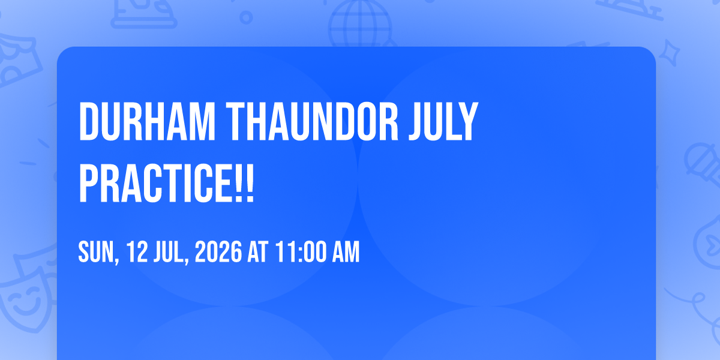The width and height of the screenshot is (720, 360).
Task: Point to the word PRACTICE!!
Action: [167, 184]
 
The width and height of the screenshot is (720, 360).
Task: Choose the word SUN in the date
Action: [98, 253]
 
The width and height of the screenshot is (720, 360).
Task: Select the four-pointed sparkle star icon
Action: [670, 53]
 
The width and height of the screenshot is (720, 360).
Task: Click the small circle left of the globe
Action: [246, 17]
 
